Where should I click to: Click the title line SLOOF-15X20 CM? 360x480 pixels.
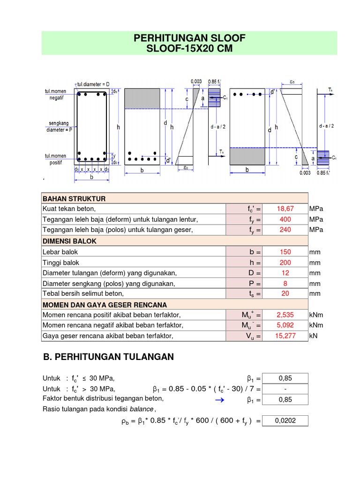coord(189,49)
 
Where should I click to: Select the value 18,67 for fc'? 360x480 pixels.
coord(285,209)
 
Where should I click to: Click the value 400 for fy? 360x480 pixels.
coord(285,219)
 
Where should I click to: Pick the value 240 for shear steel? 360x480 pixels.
coord(285,230)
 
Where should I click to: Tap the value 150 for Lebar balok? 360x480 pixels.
coord(285,252)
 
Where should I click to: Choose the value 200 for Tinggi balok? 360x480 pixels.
coord(285,262)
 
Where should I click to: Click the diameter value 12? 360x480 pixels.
coord(285,273)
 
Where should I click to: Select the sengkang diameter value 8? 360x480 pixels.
coord(285,284)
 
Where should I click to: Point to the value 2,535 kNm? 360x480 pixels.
coord(285,315)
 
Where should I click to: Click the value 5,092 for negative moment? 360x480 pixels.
coord(285,325)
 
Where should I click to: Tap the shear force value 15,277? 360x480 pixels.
coord(285,336)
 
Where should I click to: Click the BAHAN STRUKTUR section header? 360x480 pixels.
coord(74,198)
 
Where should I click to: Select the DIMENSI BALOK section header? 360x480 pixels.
coord(69,241)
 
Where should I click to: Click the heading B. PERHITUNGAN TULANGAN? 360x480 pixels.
coord(108,357)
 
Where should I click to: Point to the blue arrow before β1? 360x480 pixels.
coord(220,400)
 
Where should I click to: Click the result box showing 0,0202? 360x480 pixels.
coord(285,421)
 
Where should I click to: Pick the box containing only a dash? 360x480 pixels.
coord(285,389)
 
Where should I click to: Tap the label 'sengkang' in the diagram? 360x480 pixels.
coord(59,123)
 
